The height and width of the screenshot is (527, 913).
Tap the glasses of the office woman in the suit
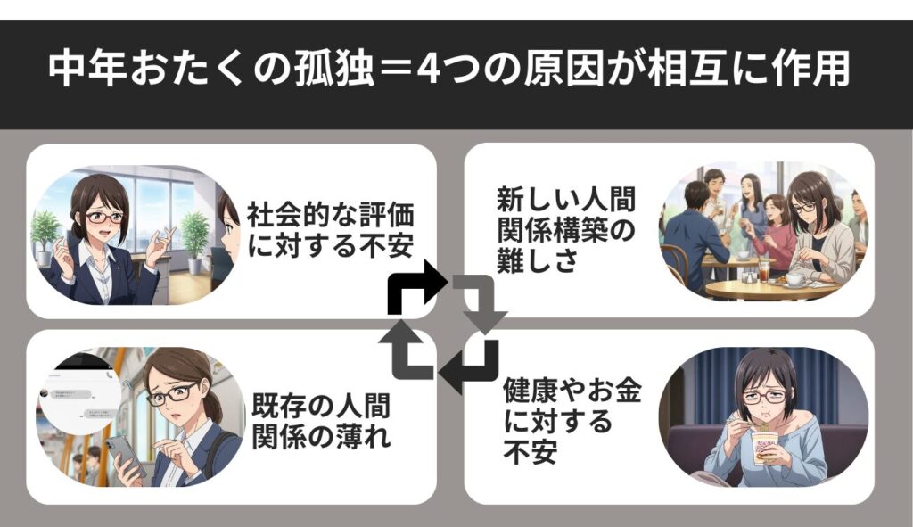tap(101, 217)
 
